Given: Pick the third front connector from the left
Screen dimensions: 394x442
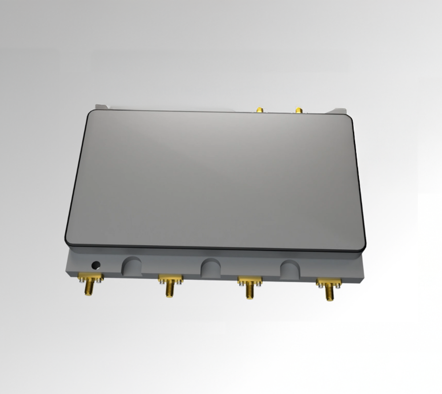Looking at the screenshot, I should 249,287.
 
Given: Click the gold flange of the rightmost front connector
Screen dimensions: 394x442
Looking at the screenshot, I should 329,282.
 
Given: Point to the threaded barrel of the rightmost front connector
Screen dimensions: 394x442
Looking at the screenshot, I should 329,293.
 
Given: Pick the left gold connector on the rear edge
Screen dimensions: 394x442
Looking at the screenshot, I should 259,109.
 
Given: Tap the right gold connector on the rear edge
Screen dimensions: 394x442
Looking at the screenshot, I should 298,109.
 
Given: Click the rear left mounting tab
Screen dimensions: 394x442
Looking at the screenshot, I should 102,106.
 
